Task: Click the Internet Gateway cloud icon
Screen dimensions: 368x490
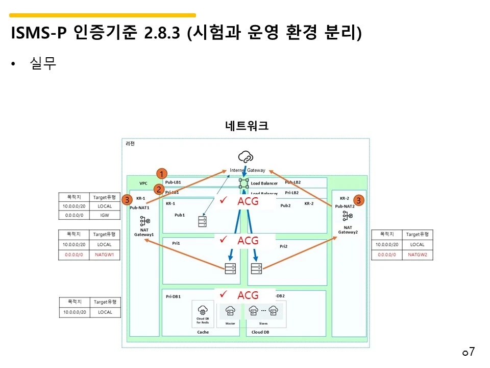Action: [246, 157]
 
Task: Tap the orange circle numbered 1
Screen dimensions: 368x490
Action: [161, 173]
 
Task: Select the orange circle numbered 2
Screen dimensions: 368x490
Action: [159, 189]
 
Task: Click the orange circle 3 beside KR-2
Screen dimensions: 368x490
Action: [359, 200]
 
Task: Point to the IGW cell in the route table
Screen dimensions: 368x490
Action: [105, 216]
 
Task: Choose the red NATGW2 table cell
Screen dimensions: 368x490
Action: [417, 254]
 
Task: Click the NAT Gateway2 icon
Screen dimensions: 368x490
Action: [348, 216]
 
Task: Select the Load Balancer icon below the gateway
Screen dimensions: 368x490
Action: [244, 183]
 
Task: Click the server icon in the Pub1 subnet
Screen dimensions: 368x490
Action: [203, 221]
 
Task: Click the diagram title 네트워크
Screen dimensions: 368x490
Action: [247, 126]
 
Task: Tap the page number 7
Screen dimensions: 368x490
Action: [472, 352]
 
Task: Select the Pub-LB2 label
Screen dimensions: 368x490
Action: [292, 182]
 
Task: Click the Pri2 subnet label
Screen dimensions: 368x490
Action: [284, 246]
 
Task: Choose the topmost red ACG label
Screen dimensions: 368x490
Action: [248, 201]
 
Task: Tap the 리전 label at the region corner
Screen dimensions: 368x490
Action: [130, 144]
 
